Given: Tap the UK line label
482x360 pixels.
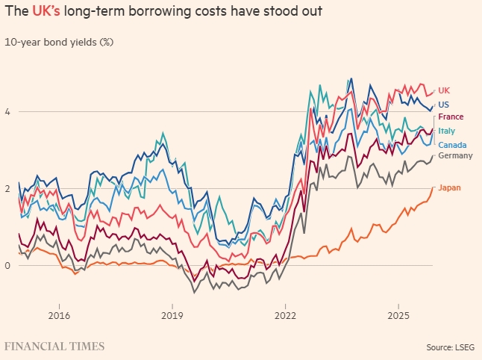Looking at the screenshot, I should click(x=444, y=90).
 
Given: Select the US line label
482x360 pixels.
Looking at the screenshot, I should click(x=444, y=105).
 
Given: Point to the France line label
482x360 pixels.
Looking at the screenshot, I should click(x=451, y=117).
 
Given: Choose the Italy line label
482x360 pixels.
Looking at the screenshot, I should click(x=447, y=131).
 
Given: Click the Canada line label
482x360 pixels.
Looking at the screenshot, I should click(x=453, y=144).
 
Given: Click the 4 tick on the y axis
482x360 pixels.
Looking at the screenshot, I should click(x=8, y=112).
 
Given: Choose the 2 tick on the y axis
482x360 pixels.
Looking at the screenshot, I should click(x=8, y=188).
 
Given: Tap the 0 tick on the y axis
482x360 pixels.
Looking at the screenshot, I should click(x=8, y=265).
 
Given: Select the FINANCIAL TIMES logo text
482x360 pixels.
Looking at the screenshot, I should click(x=54, y=347).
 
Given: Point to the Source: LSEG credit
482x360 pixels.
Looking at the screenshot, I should click(x=450, y=347).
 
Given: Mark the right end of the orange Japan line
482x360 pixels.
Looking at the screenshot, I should click(x=433, y=187).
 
